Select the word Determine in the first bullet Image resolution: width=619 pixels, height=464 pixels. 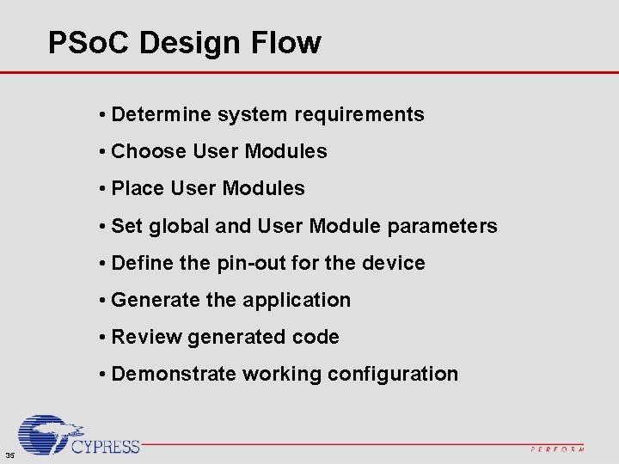(161, 114)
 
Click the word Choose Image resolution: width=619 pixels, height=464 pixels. (150, 151)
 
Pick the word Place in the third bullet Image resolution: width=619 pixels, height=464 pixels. (138, 188)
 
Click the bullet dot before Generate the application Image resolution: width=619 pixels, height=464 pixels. (102, 300)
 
